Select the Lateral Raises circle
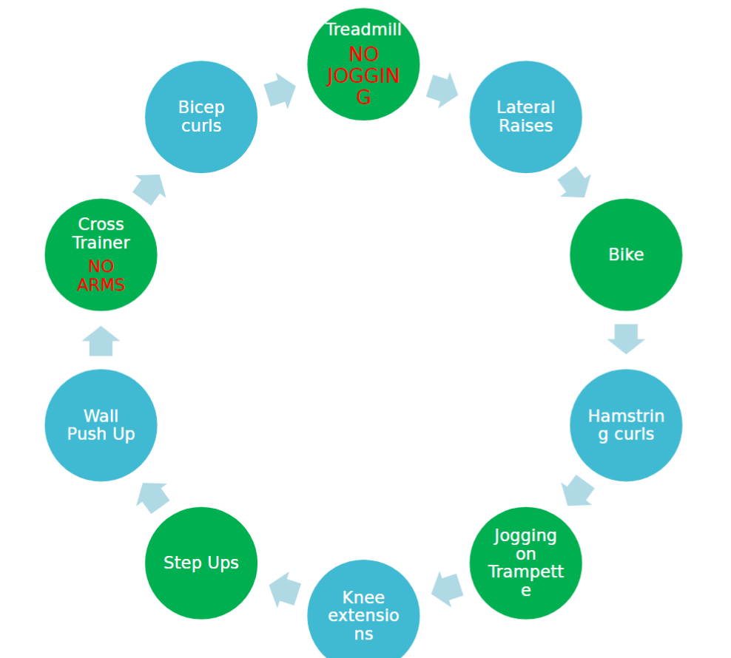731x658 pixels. [x=525, y=117]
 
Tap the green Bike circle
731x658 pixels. [x=626, y=254]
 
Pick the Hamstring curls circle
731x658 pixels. [x=626, y=425]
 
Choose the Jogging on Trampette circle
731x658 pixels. [x=525, y=563]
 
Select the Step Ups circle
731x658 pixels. [x=201, y=563]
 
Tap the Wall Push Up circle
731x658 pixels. [x=101, y=425]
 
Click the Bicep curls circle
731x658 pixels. [x=201, y=117]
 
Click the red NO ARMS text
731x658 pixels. [x=101, y=276]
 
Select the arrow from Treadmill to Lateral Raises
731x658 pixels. [x=442, y=89]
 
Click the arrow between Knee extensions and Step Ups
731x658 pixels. [x=285, y=590]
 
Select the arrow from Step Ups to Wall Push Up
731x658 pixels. [x=152, y=497]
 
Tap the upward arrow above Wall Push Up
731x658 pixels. [x=101, y=341]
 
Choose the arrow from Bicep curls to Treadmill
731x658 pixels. [x=280, y=90]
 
